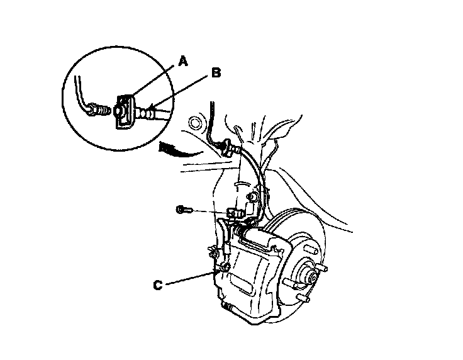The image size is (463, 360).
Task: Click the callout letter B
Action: tap(216, 73)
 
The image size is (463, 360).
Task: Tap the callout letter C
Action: tap(159, 285)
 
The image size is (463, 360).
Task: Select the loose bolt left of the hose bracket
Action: tap(182, 209)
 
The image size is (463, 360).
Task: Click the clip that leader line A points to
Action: tap(125, 111)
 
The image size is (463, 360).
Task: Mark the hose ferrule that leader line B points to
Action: tap(148, 113)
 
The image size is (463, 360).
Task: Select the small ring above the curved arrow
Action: tap(194, 121)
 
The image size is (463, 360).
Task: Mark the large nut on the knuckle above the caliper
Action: tap(252, 198)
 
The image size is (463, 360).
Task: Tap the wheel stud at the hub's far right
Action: tap(325, 269)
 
